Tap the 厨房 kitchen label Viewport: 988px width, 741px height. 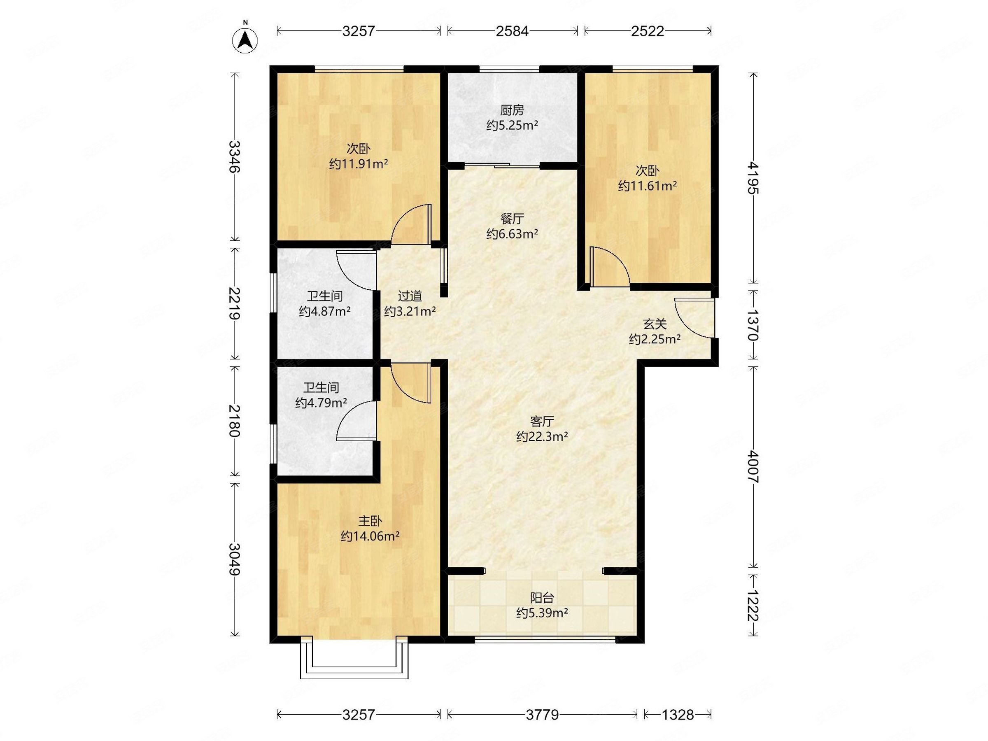[x=512, y=110]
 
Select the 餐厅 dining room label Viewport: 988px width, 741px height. [x=512, y=219]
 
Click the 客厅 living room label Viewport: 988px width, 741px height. [x=542, y=421]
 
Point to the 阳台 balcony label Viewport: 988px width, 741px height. [x=542, y=598]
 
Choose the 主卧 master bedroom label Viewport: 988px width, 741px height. [x=370, y=521]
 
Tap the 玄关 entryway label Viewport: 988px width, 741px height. [x=655, y=324]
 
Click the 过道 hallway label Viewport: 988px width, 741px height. [x=410, y=296]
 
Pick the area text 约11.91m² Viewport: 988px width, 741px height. [x=359, y=164]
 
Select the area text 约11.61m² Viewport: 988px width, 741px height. [x=647, y=186]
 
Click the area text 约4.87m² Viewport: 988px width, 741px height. [x=325, y=311]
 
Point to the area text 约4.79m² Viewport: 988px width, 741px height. [x=321, y=403]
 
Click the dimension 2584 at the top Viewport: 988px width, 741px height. [x=512, y=31]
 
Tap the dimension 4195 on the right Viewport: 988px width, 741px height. [x=753, y=178]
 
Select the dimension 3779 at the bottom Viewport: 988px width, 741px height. [x=542, y=715]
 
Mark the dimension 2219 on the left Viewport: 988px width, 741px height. [x=235, y=303]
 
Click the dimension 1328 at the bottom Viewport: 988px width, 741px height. [x=678, y=715]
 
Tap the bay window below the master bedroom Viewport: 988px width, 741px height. [x=354, y=662]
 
